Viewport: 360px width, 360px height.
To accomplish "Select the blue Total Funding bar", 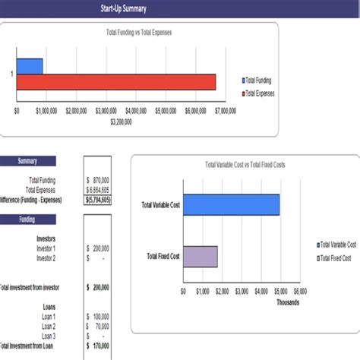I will tap(30, 66).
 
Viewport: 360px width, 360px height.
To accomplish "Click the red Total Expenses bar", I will tap(116, 82).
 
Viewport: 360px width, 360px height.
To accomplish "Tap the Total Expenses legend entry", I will tap(259, 93).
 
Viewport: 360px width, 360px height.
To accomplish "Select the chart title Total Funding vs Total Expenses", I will tap(140, 33).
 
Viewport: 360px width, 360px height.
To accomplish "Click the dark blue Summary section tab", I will tap(27, 160).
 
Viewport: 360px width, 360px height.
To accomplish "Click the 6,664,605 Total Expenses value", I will tap(98, 189).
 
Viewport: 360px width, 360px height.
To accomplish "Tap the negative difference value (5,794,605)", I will tap(97, 199).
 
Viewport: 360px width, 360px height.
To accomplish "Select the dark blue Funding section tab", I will tap(27, 219).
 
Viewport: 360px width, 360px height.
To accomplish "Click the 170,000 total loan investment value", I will tap(98, 346).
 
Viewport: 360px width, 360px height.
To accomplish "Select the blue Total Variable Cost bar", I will tap(231, 205).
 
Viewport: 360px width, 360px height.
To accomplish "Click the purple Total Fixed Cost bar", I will tap(200, 257).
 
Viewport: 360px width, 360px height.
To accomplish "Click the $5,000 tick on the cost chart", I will tap(281, 291).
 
